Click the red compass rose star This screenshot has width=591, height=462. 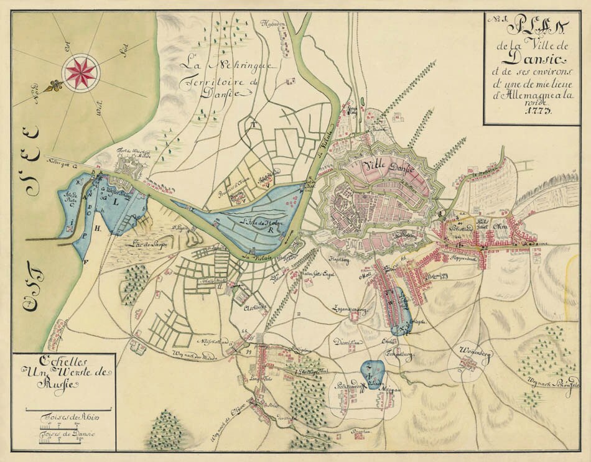point(81,72)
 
